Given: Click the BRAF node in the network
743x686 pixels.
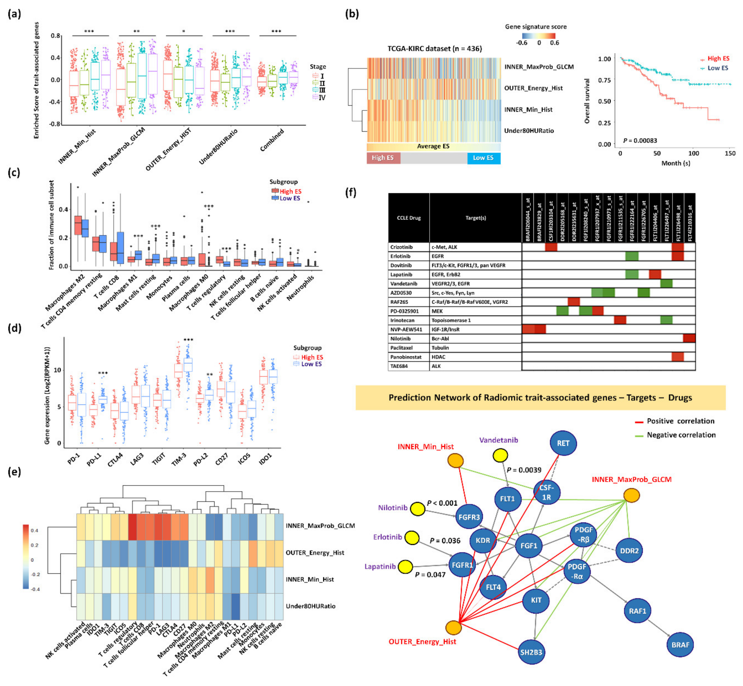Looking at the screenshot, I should (x=680, y=645).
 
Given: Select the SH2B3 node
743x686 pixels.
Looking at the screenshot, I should (x=531, y=652).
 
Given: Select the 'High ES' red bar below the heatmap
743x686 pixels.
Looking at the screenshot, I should (x=383, y=158).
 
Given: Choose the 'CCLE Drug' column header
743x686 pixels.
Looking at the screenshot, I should (x=409, y=218).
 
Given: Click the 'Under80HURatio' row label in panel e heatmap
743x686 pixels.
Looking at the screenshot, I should (x=310, y=606).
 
